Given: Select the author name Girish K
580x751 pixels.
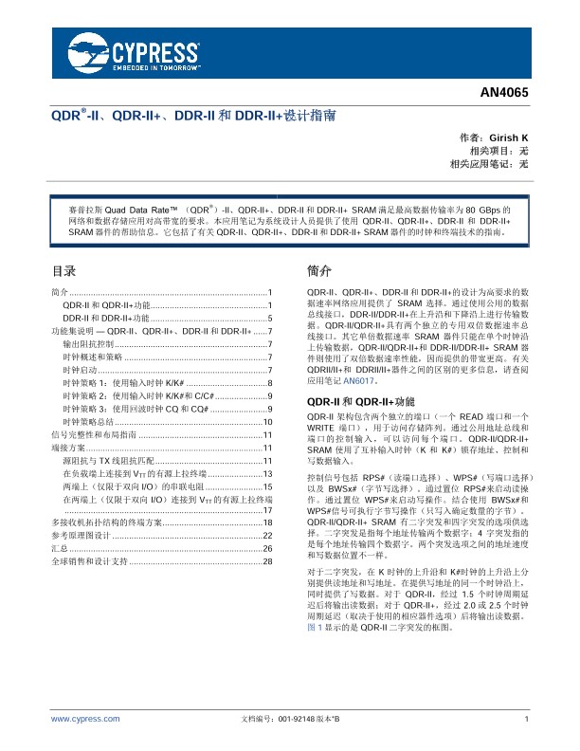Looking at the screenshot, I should click(x=508, y=138).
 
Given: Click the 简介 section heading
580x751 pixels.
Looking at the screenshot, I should click(x=320, y=269).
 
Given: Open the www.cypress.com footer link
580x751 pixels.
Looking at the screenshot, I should click(x=84, y=721).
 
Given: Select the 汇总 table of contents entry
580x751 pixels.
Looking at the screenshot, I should click(x=60, y=522).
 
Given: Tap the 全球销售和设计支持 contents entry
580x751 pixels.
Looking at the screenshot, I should click(x=89, y=536).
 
